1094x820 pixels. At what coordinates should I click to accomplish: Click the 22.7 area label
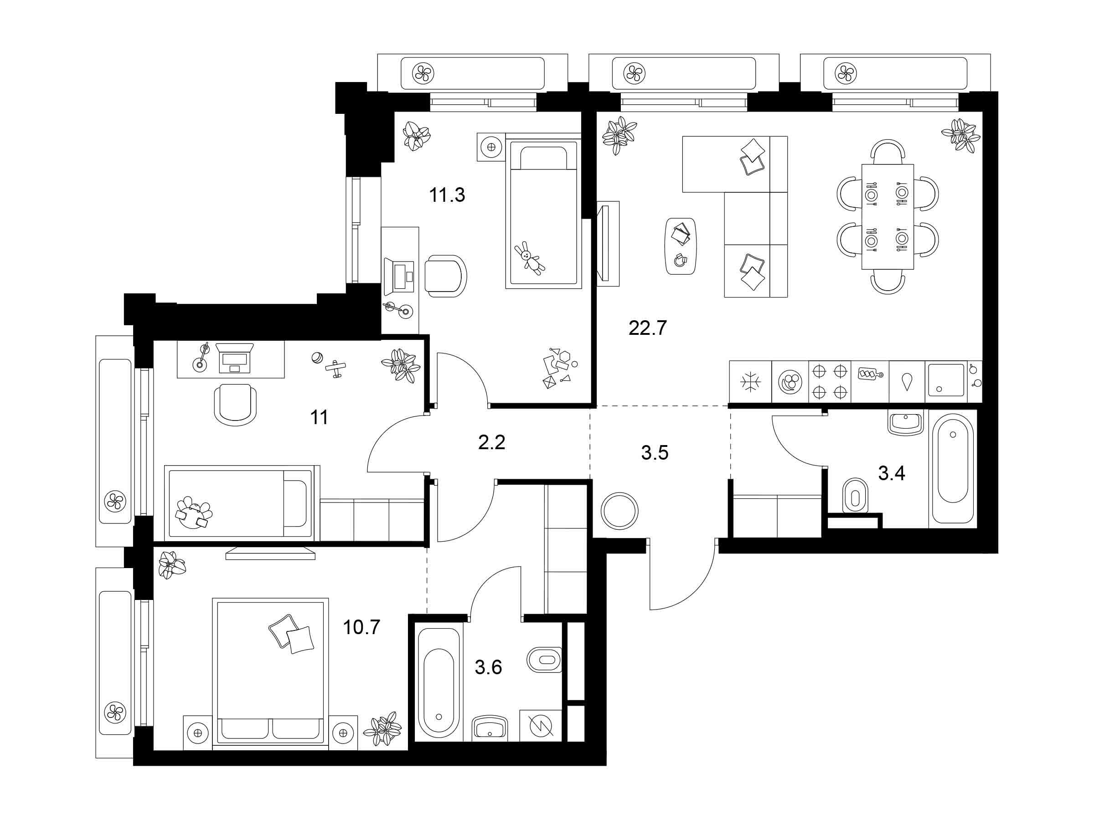[x=648, y=328]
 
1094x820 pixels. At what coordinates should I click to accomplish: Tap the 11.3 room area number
[x=447, y=195]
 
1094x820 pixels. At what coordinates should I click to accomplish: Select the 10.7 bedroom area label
[x=361, y=627]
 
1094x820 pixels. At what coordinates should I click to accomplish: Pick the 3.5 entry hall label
[x=655, y=452]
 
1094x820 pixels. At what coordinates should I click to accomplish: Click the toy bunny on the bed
[x=530, y=257]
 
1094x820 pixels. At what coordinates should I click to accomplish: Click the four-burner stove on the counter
[x=830, y=382]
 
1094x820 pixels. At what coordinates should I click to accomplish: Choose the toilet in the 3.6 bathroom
[x=545, y=660]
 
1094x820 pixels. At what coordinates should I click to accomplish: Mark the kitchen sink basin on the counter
[x=946, y=380]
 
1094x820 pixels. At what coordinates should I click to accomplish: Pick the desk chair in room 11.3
[x=446, y=276]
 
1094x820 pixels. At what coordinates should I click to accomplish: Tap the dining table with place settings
[x=888, y=216]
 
